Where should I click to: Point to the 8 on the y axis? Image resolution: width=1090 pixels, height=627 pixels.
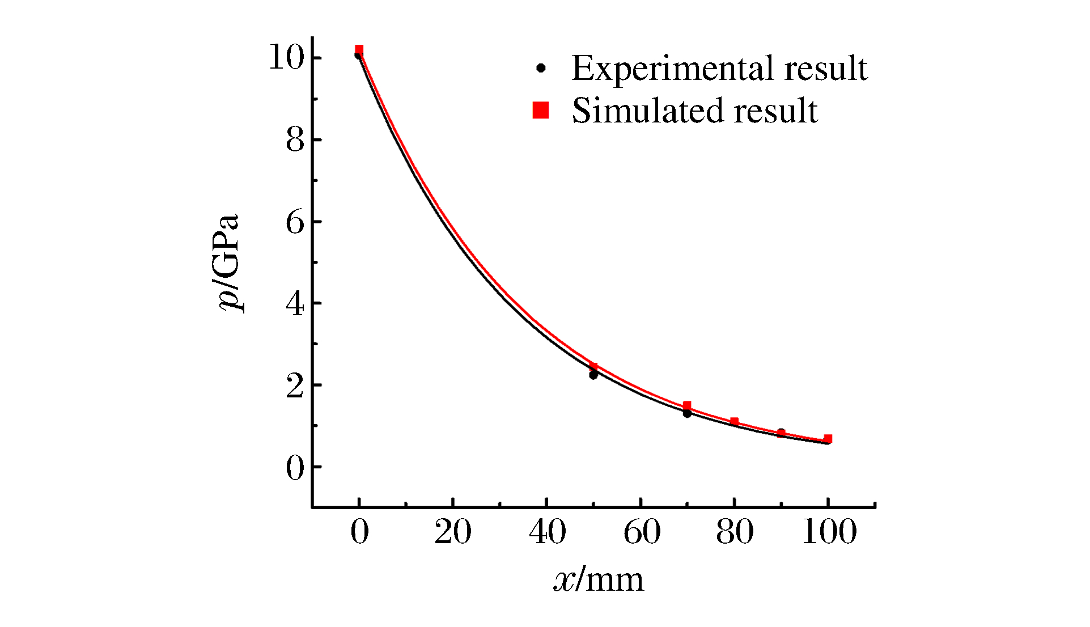coord(295,140)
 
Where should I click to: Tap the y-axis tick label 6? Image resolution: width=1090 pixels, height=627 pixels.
coord(295,222)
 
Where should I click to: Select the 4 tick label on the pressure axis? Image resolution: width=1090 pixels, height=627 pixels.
coord(295,304)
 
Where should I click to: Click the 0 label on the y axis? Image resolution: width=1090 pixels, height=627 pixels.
coord(295,468)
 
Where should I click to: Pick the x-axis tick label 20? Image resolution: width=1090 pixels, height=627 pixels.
coord(453,532)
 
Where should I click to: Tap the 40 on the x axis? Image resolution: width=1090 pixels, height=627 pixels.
coord(547,532)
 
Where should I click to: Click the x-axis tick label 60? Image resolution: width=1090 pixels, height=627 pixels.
coord(642,532)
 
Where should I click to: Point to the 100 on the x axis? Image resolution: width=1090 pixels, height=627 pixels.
coord(829,532)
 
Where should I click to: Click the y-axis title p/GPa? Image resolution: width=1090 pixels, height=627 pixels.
coord(229,263)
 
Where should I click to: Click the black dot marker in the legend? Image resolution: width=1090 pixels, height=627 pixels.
coord(541,68)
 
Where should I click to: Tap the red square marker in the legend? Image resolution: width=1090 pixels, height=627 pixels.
coord(541,110)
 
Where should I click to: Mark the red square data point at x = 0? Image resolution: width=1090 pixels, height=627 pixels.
coord(359,50)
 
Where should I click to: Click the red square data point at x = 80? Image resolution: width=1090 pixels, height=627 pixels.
coord(734,421)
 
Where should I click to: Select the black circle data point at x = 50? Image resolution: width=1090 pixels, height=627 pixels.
coord(593,375)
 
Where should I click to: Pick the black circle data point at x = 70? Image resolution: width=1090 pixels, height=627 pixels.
coord(687,413)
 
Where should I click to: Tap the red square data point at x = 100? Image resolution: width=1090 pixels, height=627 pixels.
coord(828,438)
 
